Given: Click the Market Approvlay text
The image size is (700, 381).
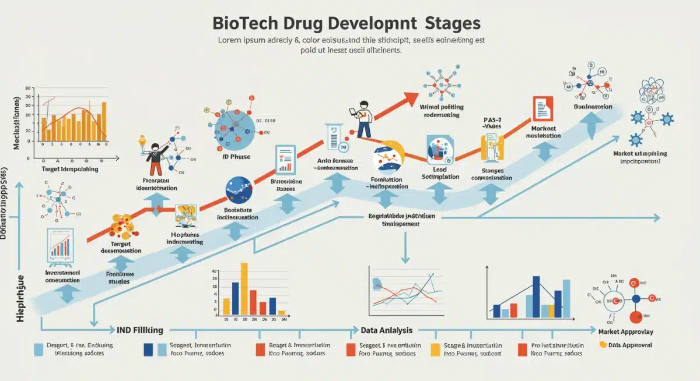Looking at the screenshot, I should (626, 331).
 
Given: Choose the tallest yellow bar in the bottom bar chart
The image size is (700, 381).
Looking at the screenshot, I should (244, 288).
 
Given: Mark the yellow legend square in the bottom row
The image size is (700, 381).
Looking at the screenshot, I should (435, 350).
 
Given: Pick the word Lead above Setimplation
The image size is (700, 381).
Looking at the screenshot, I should (439, 168).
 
